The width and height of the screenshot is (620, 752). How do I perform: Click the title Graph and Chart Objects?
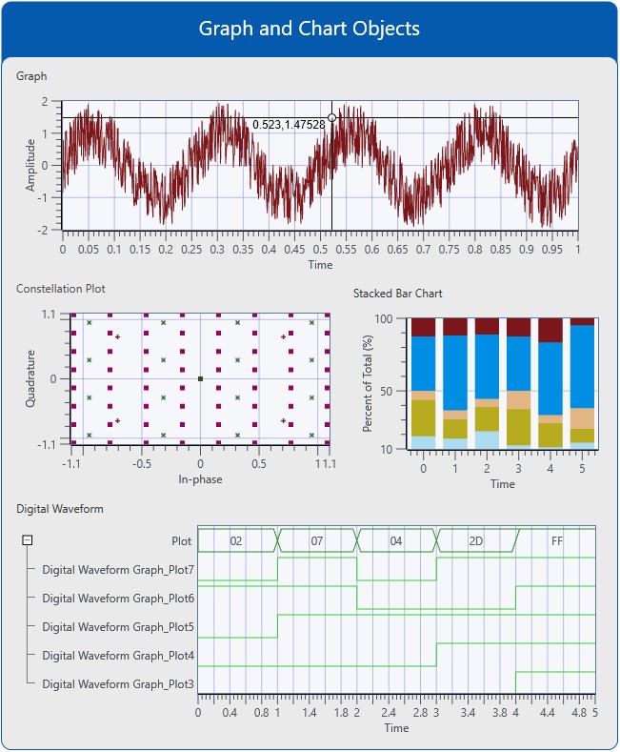click(309, 29)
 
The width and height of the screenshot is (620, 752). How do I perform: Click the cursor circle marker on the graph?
click(331, 118)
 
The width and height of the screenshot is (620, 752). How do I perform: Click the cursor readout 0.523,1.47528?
click(289, 125)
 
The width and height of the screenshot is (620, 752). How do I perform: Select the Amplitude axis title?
click(30, 165)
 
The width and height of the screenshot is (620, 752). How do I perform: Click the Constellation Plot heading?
click(61, 288)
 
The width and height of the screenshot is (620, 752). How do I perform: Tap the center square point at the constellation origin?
click(200, 379)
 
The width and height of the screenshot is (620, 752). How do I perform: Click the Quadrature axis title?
click(30, 379)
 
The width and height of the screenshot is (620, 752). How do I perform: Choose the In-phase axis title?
click(200, 478)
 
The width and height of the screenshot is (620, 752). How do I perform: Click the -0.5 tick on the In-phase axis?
click(142, 463)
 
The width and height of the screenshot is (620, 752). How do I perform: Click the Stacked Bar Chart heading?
click(397, 294)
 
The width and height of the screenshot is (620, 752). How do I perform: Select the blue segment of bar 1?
click(455, 372)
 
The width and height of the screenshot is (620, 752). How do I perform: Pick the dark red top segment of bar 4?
click(550, 330)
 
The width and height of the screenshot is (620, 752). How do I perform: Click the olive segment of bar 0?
click(423, 418)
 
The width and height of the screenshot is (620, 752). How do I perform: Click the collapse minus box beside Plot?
click(28, 540)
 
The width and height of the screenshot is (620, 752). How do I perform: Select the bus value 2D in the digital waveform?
click(476, 541)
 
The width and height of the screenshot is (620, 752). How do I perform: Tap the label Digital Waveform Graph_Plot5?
click(118, 627)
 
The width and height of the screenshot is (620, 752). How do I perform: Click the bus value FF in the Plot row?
click(557, 541)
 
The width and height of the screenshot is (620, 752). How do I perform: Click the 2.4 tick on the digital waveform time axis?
click(389, 712)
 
